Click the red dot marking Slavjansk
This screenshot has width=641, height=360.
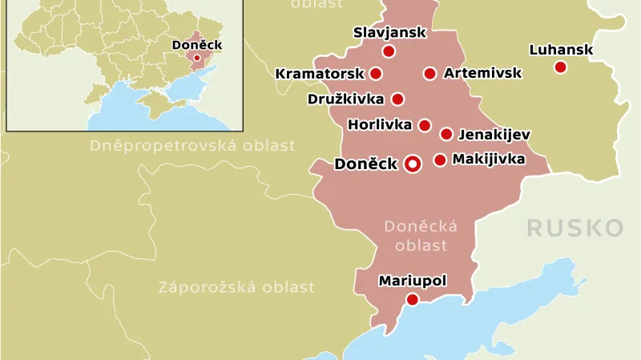coord(389,51)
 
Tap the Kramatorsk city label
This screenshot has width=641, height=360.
coord(319,74)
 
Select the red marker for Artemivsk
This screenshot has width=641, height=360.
coord(429,74)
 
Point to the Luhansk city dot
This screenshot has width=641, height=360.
coord(560,67)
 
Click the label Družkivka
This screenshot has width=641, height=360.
coord(345,99)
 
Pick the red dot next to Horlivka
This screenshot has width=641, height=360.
coord(425,125)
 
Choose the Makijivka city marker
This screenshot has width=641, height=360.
coord(440,160)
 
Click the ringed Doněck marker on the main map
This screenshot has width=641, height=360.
coord(413,164)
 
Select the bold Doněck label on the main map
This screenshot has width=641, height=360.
coord(365,164)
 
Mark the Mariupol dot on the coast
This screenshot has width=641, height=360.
coord(412,299)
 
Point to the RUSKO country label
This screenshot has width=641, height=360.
coord(574,229)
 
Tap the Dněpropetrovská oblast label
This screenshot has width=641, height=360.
coord(192,146)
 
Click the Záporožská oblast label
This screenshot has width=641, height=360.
coord(236,287)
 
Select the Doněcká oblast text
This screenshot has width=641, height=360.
coord(421,236)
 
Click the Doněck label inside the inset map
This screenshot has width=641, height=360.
coord(197,45)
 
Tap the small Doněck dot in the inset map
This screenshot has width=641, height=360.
coord(197,58)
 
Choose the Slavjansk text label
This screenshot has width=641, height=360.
coord(389,33)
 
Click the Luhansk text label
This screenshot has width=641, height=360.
coord(561,50)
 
